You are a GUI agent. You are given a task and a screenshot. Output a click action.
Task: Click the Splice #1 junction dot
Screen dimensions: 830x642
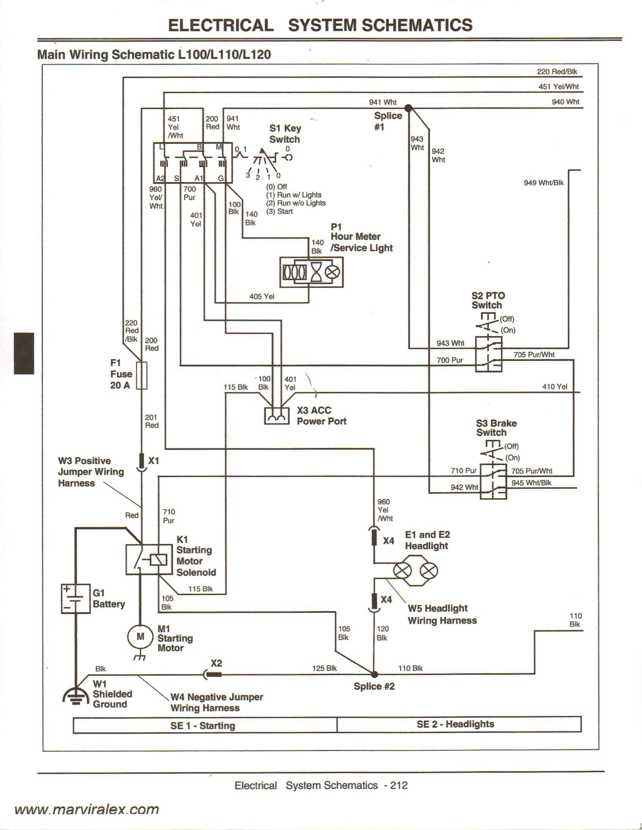(x=408, y=108)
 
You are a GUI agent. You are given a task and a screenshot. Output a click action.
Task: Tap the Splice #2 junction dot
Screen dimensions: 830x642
(x=374, y=674)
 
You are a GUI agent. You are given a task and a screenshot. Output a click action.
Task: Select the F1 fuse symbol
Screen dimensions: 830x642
(x=142, y=376)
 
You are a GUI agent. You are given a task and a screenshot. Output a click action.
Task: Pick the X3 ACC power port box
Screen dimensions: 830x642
(x=276, y=416)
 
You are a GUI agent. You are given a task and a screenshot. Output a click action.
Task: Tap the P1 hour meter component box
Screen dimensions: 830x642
(x=311, y=272)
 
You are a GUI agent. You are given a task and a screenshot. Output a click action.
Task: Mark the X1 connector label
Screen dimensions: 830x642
(x=153, y=461)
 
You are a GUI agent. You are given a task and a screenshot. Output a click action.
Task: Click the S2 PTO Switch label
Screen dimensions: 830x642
(x=488, y=300)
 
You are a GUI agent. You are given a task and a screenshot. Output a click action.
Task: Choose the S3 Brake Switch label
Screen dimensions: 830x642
(x=496, y=428)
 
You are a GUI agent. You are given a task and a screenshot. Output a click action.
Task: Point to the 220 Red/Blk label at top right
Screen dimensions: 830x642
(x=557, y=71)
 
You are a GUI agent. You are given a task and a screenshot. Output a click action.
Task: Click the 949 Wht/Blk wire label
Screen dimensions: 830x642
(x=544, y=183)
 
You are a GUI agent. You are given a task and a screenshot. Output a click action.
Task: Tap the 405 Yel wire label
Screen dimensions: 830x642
(x=262, y=296)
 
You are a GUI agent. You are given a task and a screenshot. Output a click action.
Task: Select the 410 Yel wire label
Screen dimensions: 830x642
(x=554, y=387)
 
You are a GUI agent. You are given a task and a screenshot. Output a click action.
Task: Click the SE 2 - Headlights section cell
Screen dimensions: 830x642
(x=455, y=724)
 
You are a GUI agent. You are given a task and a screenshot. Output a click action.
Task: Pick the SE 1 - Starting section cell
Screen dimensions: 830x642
(x=203, y=725)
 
